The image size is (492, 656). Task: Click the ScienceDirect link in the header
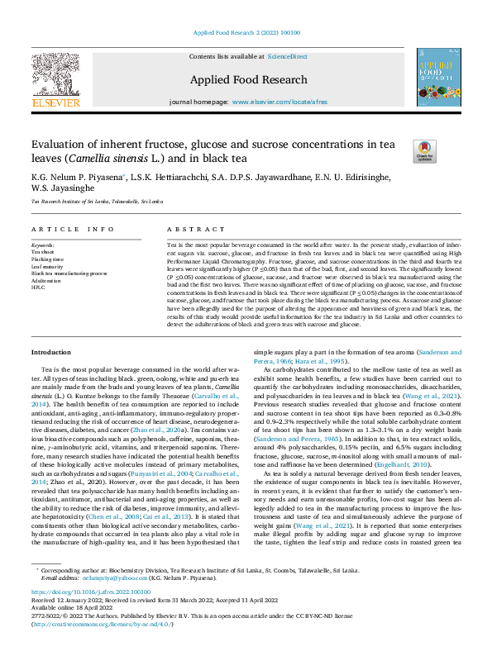[287, 56]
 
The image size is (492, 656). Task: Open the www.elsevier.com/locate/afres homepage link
[279, 101]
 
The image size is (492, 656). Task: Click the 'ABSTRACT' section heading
[184, 229]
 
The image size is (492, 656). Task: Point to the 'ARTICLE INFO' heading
[62, 229]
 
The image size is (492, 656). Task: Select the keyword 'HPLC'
[38, 287]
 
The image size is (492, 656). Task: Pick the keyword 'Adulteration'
[46, 280]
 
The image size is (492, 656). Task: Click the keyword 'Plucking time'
[48, 259]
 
